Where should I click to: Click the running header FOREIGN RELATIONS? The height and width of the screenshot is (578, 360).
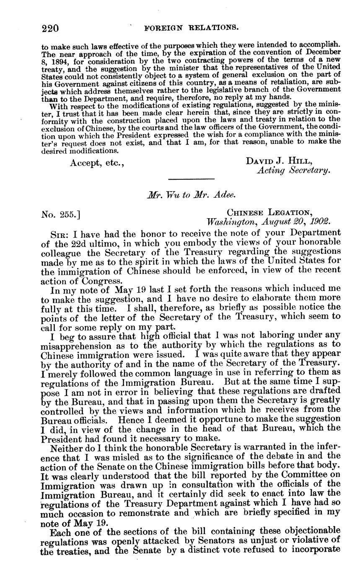[191, 28]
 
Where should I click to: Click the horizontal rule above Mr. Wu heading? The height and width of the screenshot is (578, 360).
[191, 179]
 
